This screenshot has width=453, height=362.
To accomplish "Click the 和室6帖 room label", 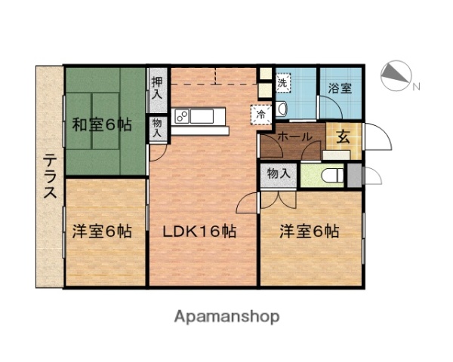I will pos(102,125).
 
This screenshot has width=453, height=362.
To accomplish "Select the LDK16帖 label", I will pos(201,232).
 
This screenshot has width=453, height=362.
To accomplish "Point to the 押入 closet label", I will pos(157,87).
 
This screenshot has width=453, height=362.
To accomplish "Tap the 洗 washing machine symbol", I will pos(282,82).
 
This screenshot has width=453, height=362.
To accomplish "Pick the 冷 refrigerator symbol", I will pos(260,115).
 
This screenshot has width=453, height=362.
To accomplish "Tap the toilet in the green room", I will pos(329,176).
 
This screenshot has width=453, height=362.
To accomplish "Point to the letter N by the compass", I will pos(416,86).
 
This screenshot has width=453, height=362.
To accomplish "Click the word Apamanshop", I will pos(226,316).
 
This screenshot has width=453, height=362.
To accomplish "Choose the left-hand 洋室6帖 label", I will pos(102,232).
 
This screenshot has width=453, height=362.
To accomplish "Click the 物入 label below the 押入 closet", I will pos(157,126).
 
